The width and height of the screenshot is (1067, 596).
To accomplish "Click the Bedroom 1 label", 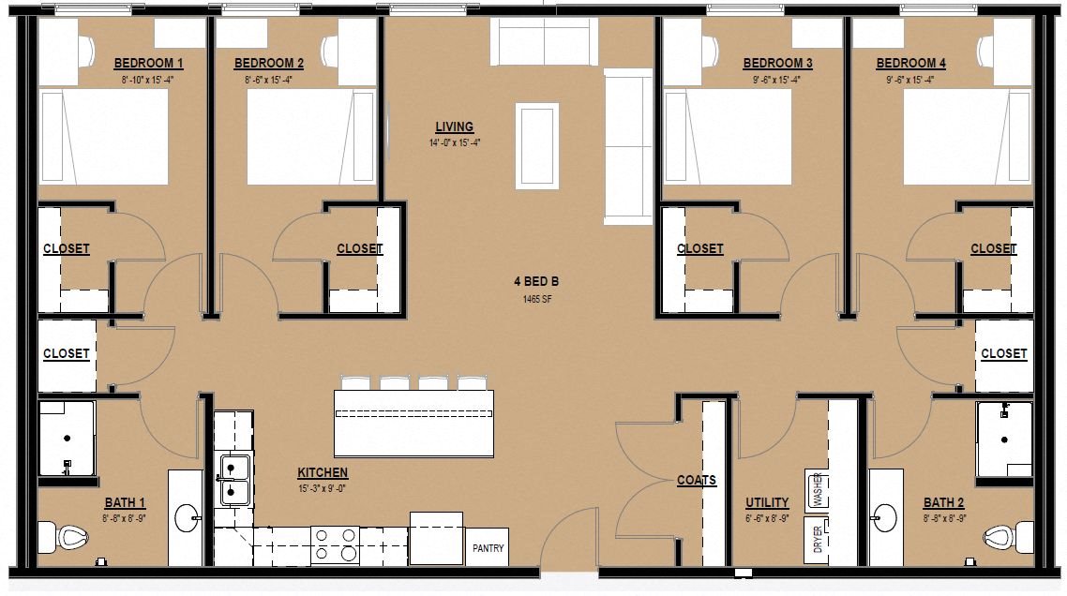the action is point(148,64).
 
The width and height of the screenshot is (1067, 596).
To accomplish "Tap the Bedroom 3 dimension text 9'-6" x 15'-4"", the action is point(776,80).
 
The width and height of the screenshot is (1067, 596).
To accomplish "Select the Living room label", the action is point(454,127).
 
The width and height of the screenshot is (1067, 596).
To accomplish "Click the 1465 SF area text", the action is point(537,299).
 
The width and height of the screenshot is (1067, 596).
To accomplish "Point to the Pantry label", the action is point(488,547).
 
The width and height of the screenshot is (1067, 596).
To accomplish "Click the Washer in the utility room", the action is point(817,490).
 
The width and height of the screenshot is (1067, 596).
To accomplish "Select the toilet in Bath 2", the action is point(1009,537).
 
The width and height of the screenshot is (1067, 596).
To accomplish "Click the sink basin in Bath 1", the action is point(188,518).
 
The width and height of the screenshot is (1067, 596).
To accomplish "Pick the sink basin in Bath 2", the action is point(885,518).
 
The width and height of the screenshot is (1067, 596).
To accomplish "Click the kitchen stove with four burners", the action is point(335,545).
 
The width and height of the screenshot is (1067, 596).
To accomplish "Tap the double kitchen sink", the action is point(233,480).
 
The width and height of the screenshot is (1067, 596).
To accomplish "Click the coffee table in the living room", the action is point(537,145).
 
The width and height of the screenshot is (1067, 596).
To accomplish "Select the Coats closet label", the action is point(696,481).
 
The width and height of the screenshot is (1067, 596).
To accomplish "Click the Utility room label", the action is point(767,503).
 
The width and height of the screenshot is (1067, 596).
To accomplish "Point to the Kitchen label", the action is point(323,473).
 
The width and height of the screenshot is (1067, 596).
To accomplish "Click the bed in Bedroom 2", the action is point(311,137).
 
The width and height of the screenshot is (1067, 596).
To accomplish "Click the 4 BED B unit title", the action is point(537,282).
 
